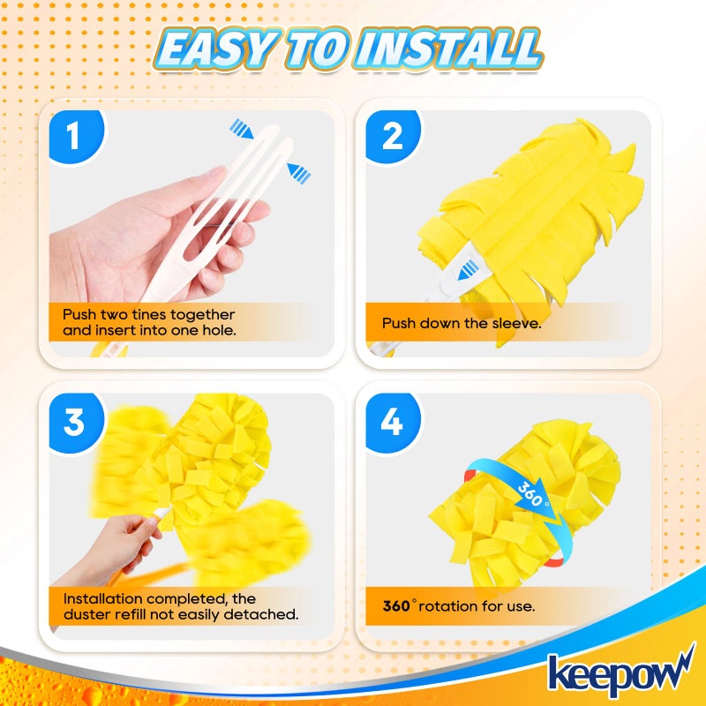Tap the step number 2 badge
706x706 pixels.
tap(392, 137)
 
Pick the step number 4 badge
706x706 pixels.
tap(392, 421)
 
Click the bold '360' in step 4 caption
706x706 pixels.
tap(396, 606)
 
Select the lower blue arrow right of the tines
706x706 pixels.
tap(299, 174)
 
